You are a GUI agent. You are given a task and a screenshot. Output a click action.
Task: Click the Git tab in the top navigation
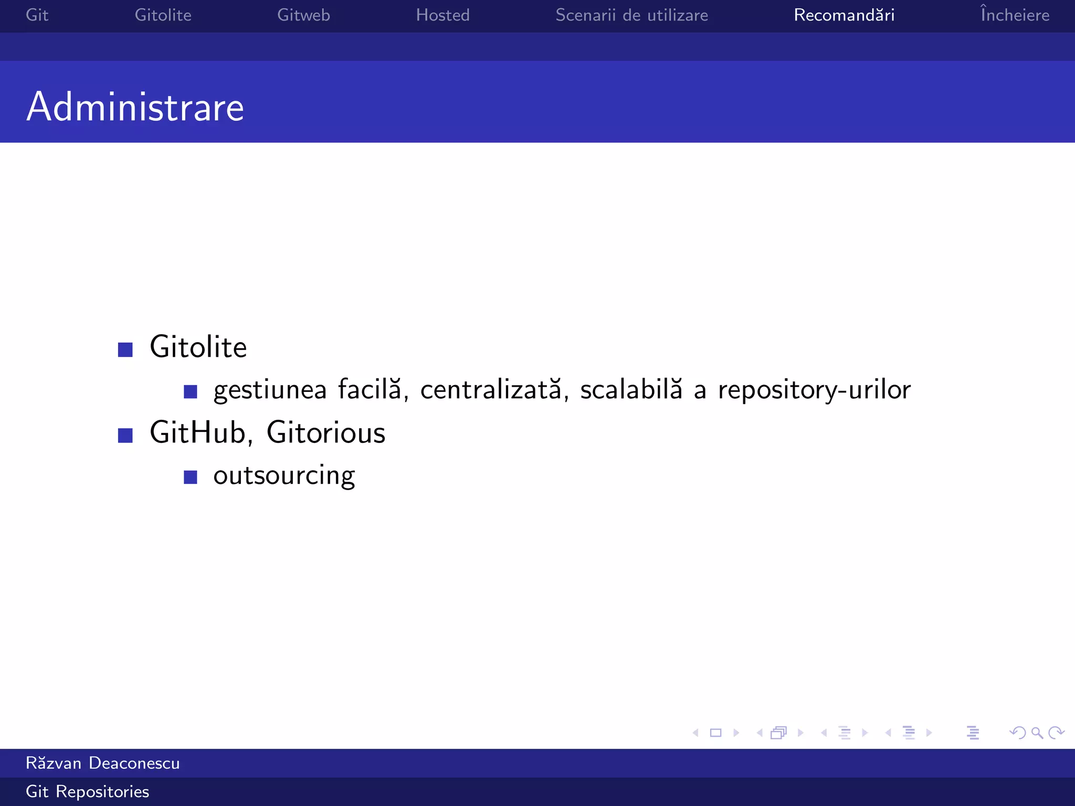pos(37,15)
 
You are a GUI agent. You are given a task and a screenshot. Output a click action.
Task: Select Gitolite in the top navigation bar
pos(163,15)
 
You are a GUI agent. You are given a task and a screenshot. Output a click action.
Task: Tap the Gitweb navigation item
pos(303,15)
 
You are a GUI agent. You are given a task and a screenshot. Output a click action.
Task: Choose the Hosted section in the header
pos(442,15)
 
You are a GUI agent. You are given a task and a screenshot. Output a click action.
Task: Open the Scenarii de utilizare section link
pos(631,15)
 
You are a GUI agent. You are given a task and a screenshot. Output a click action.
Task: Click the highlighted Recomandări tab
pos(844,15)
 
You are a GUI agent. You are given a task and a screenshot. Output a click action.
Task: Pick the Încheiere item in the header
pos(1015,15)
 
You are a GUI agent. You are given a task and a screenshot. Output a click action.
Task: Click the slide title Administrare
pos(135,107)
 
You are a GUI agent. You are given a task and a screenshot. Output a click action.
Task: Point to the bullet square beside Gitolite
pos(125,349)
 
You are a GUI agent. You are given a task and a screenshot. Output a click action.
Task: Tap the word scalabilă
pos(631,390)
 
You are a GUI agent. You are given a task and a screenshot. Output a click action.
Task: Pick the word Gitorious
pos(326,433)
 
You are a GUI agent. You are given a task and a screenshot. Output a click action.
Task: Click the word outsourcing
pos(284,476)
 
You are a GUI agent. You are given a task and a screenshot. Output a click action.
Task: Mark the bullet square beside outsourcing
pos(190,477)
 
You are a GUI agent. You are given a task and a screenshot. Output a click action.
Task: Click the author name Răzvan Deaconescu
pos(103,763)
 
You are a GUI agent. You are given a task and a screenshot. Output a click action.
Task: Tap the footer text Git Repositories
pos(88,791)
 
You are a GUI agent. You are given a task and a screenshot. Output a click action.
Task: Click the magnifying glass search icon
pos(1037,733)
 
